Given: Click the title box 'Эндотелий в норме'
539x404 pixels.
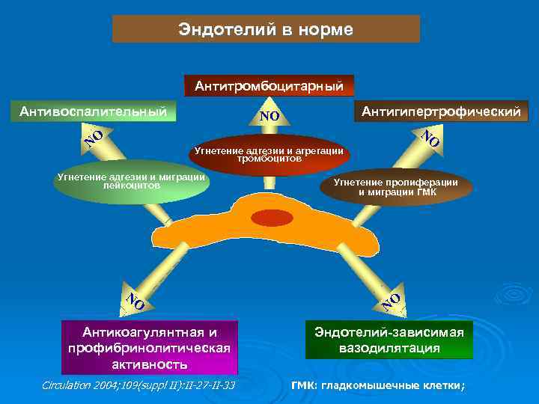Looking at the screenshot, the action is (266, 29).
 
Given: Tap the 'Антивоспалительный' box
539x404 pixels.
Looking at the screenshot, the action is (93, 111).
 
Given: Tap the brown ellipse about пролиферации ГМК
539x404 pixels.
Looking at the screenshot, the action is (397, 186).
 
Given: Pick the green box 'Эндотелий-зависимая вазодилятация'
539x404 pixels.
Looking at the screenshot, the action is (389, 340).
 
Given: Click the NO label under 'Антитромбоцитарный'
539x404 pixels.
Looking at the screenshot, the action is (269, 116).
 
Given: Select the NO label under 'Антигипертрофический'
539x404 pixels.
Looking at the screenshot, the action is (429, 138).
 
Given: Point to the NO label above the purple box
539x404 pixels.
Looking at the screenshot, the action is (135, 300).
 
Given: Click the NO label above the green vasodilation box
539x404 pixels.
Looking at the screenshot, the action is (392, 301).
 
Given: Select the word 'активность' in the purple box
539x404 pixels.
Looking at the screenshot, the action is (150, 364).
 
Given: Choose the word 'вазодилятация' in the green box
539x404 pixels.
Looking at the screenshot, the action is (389, 349).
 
